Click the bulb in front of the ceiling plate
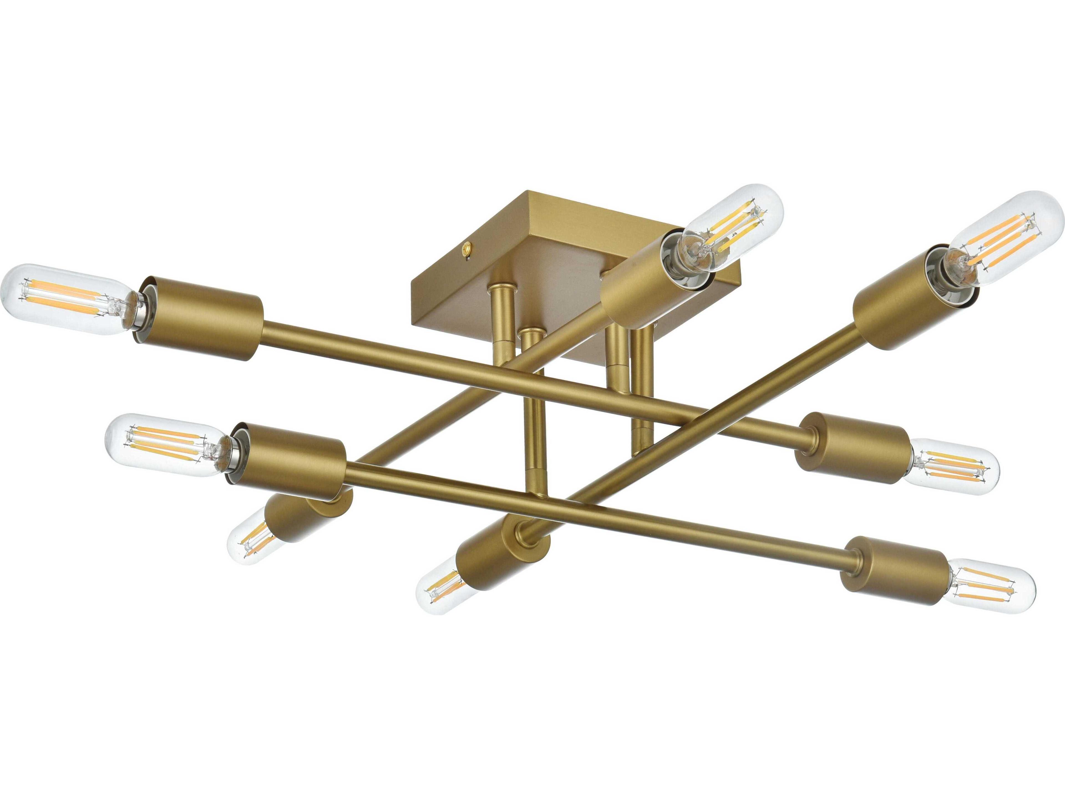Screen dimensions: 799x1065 732,226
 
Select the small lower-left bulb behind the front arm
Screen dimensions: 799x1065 250,542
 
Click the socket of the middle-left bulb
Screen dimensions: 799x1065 289,457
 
